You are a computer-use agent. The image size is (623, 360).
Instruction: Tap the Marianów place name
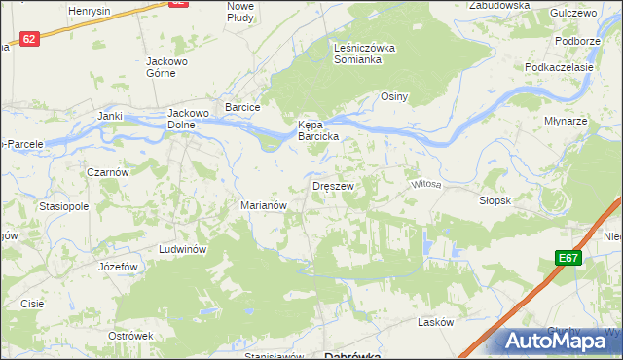tap(262, 205)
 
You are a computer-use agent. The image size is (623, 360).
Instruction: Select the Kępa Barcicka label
tap(317, 130)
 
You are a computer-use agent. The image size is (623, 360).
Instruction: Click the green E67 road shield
tap(570, 258)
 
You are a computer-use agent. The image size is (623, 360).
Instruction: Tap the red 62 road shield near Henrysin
tap(177, 4)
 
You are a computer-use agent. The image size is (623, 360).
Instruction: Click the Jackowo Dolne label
tap(190, 117)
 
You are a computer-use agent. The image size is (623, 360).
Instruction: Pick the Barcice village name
tap(241, 107)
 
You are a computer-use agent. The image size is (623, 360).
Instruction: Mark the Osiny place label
tap(393, 96)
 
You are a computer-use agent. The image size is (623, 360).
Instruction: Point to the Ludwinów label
tap(180, 249)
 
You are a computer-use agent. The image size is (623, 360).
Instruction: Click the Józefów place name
tap(115, 266)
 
